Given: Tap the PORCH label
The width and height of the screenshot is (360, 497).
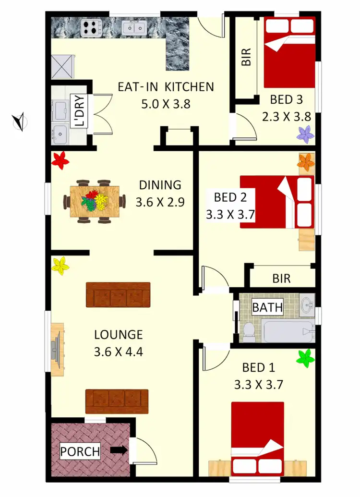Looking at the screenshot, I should [x=80, y=451].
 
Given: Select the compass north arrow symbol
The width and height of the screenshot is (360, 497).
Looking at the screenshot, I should [x=19, y=121].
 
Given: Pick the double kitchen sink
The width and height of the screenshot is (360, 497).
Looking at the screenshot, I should [x=134, y=28].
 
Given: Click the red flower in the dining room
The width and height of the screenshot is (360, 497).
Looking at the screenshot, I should [x=60, y=159].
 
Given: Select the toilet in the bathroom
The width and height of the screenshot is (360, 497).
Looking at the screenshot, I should [x=248, y=331].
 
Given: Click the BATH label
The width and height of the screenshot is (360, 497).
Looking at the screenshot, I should [x=267, y=307].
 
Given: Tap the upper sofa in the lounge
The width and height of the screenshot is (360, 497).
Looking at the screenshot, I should [x=118, y=294].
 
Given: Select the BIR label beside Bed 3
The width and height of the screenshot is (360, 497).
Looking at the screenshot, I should [x=246, y=57].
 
